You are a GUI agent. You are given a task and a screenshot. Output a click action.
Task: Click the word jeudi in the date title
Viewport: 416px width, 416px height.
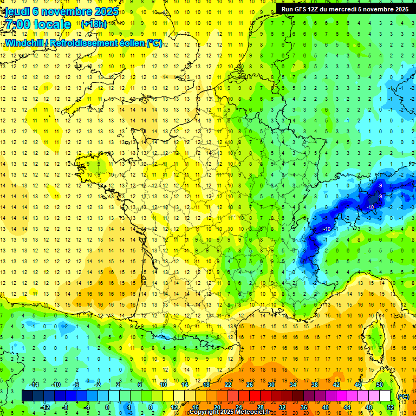tap(18, 11)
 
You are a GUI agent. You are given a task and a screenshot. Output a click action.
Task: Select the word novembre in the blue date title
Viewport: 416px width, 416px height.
tap(67, 11)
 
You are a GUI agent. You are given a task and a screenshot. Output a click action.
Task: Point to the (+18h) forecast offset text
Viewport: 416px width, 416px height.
tap(94, 24)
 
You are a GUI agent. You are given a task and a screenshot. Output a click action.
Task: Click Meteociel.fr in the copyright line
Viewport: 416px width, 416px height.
tap(252, 412)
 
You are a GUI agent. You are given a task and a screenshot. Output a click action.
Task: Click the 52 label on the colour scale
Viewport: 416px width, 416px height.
tap(390, 407)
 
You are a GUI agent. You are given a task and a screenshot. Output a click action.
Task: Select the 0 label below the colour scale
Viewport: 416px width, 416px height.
tap(108, 407)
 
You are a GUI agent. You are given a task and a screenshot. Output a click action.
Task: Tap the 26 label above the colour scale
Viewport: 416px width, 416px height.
tap(250, 385)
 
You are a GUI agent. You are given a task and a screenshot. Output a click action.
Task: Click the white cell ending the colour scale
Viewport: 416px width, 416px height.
tap(385, 396)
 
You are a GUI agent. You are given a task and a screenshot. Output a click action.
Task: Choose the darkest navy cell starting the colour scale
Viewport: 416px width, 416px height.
tap(27, 396)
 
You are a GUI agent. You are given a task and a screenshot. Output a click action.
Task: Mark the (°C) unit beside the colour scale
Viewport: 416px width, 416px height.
tap(403, 396)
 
